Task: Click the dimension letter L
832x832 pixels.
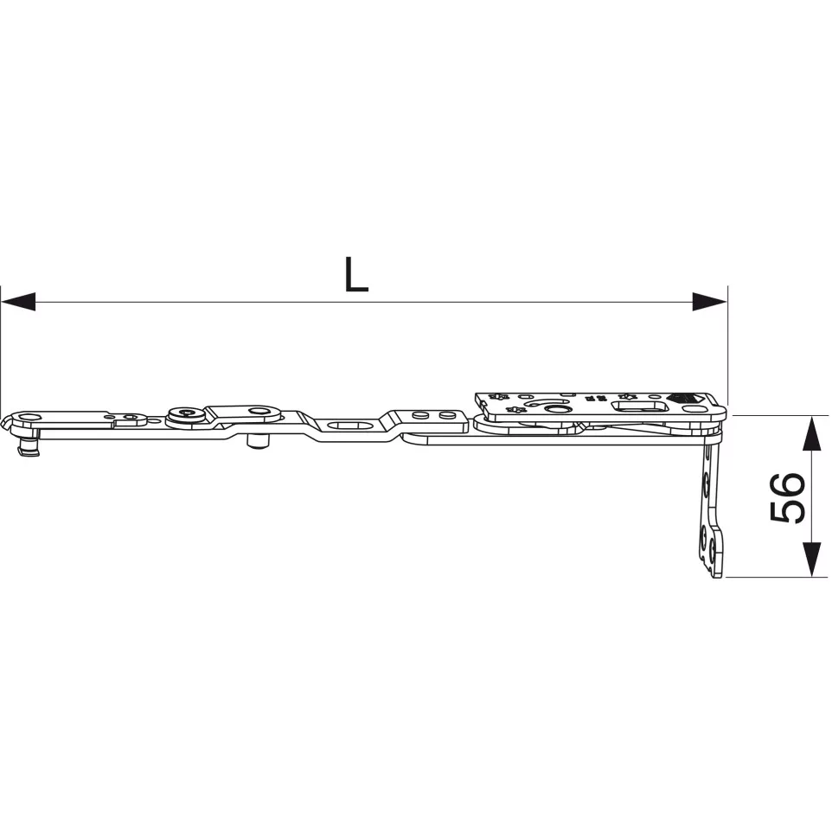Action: point(356,274)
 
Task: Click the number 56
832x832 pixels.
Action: point(787,497)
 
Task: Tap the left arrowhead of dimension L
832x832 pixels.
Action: point(18,301)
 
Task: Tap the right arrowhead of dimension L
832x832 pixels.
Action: point(709,301)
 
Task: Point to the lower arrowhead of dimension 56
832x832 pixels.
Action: point(810,560)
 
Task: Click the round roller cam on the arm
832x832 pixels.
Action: point(186,415)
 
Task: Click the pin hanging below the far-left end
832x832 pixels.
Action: point(29,445)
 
